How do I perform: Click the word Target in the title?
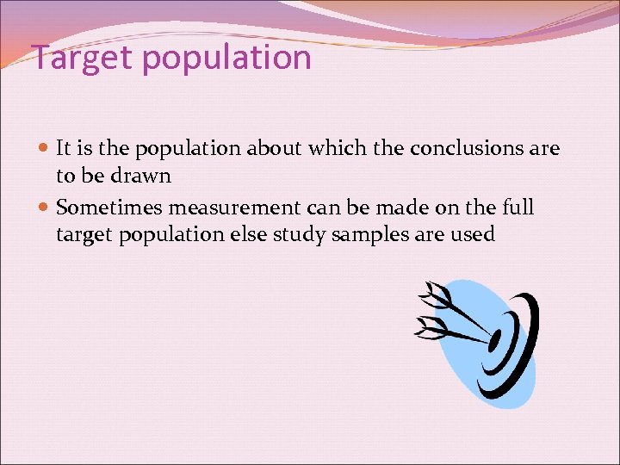(80, 58)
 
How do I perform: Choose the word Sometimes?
(109, 208)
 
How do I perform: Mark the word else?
(247, 234)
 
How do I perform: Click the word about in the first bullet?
(275, 148)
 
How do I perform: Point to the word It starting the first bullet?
(63, 148)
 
